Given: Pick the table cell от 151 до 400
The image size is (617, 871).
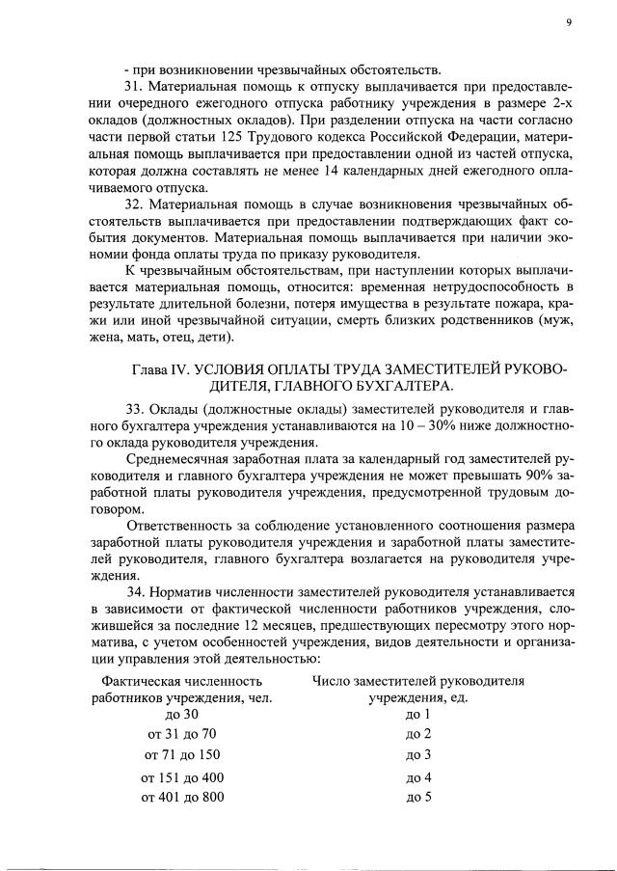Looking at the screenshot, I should [x=181, y=777].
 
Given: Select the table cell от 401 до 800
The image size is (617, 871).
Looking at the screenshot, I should [x=181, y=798].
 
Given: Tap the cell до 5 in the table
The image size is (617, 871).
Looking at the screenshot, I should [x=417, y=798].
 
